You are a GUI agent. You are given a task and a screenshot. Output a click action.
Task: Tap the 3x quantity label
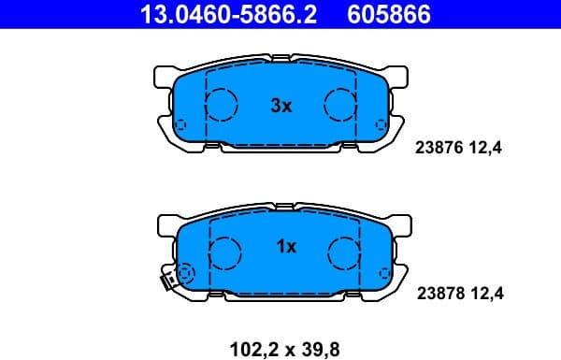(280, 107)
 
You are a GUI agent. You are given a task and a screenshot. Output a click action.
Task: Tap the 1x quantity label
(286, 247)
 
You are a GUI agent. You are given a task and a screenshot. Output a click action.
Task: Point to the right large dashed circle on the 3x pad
(340, 105)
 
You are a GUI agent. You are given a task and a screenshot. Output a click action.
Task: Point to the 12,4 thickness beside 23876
(486, 148)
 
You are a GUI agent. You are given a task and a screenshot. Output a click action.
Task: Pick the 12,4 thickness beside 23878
(486, 294)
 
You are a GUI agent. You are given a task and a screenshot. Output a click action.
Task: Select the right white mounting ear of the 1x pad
(403, 224)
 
